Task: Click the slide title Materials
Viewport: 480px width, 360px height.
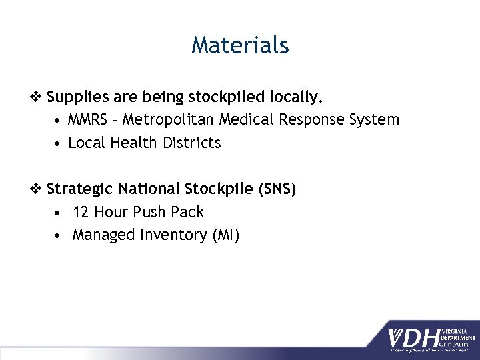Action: click(x=240, y=45)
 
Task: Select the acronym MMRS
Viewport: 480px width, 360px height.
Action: click(x=87, y=120)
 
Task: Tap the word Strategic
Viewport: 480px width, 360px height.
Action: click(x=81, y=189)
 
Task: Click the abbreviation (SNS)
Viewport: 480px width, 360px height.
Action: click(x=274, y=189)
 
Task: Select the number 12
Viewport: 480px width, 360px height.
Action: click(x=81, y=212)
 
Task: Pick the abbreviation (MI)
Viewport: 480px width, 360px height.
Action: click(x=226, y=235)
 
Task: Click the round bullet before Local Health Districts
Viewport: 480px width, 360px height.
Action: click(x=59, y=143)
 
